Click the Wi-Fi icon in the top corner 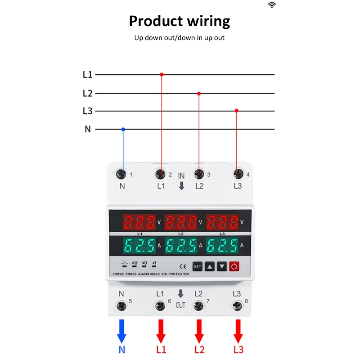coord(272,5)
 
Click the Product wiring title coord(180,21)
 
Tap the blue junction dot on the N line coord(123,129)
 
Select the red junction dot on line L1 coord(162,75)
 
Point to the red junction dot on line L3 coord(237,110)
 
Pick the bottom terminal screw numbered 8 coord(237,306)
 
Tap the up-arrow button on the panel coord(210,266)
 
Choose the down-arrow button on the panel coord(222,266)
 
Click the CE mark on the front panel coord(183,266)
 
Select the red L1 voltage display coord(139,222)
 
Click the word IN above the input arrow coord(181,176)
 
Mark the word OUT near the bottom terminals coord(180,305)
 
